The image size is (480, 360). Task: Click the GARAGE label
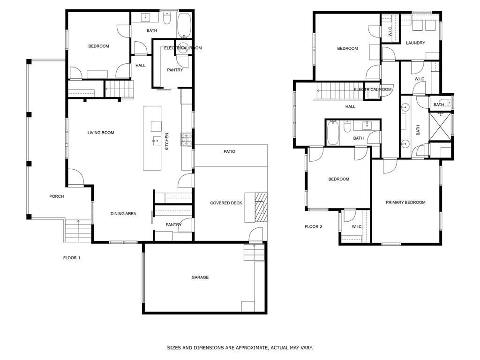pos(200,277)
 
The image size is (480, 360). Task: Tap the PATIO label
pos(229,151)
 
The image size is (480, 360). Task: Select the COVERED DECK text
pos(226,203)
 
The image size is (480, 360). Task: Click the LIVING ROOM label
pos(101,133)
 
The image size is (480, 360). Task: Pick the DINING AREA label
pos(123,214)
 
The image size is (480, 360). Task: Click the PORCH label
pos(56,196)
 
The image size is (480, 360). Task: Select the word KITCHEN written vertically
pos(167,142)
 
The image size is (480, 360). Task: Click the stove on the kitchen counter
pos(187,138)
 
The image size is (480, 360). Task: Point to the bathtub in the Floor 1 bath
pos(184,24)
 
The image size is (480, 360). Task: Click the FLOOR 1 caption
pos(72,258)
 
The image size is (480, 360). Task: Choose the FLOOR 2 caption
pos(314,227)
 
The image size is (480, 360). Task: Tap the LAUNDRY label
pos(415,43)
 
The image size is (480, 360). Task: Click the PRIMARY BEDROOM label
pos(405,202)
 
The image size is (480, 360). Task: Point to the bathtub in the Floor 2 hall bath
pos(333,133)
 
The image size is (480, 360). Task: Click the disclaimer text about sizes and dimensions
pos(240,348)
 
